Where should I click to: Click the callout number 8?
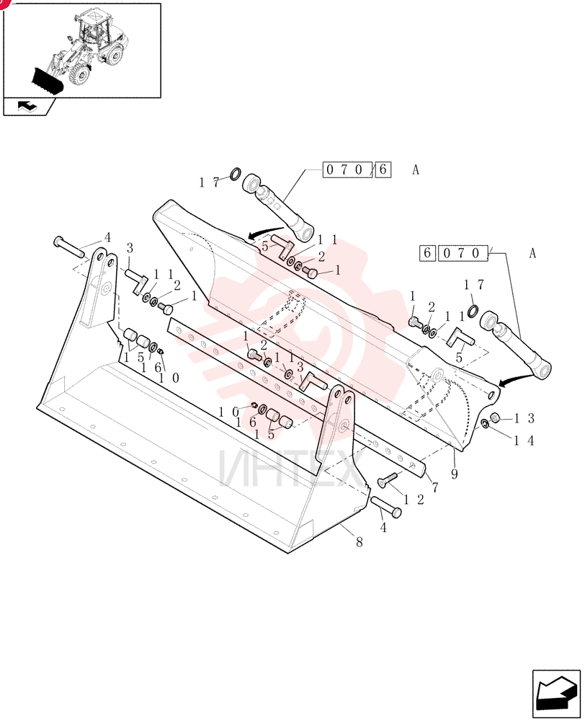(x=359, y=542)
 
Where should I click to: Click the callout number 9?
(x=454, y=474)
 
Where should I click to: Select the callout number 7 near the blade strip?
(x=434, y=487)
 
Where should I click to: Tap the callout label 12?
(x=414, y=500)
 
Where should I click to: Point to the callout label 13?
(x=524, y=418)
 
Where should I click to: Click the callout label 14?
(x=524, y=441)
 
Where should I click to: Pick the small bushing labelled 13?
(x=495, y=417)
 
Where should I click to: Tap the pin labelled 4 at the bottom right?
(x=385, y=507)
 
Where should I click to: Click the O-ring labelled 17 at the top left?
(x=235, y=174)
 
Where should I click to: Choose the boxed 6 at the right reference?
(x=427, y=253)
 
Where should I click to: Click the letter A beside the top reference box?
(x=416, y=170)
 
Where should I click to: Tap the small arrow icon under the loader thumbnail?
(x=27, y=107)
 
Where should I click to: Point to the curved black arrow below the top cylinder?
(x=266, y=232)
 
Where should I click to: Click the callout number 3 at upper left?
(x=130, y=249)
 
